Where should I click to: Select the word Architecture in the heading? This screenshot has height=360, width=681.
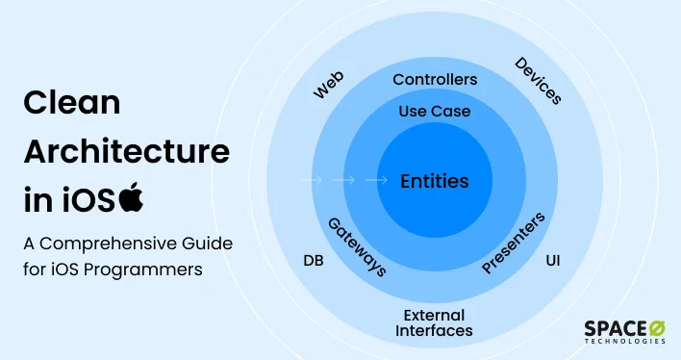(126, 151)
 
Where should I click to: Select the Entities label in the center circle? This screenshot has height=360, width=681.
(435, 180)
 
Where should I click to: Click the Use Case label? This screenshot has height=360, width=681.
(435, 112)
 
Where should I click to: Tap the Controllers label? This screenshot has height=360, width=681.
(435, 79)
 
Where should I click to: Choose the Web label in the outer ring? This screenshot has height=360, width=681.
(329, 84)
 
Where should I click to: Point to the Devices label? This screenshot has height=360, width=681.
(539, 81)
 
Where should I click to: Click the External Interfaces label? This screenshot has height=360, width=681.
(435, 322)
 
